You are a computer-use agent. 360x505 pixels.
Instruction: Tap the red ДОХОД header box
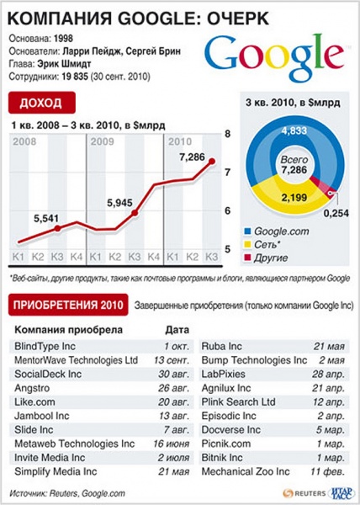point(42,104)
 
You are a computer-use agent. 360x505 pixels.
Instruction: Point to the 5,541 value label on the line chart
point(47,219)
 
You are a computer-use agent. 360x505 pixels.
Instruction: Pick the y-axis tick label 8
point(227,135)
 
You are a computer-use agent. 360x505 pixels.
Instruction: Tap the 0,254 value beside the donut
point(335,213)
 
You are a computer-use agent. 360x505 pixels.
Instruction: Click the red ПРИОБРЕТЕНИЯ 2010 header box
point(67,304)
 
